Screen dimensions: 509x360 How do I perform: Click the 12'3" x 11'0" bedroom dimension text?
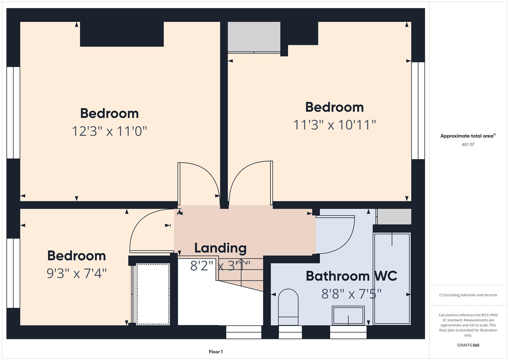coord(110,131)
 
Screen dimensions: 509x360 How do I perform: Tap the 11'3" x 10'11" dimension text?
coord(334,125)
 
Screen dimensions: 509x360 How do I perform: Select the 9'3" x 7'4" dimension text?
coord(77,273)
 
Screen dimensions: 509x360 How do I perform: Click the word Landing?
coord(220,248)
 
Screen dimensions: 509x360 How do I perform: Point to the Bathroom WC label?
coord(352,276)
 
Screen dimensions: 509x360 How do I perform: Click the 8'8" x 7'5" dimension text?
coord(352,294)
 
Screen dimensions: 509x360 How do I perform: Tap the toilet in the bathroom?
coord(288,307)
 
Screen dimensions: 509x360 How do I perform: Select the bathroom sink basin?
coord(348,315)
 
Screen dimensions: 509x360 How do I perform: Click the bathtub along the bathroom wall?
coord(392,278)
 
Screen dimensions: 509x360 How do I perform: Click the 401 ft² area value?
coord(468,144)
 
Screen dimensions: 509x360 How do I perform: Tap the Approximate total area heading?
coord(468,136)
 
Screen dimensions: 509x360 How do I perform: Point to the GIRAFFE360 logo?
coord(468,345)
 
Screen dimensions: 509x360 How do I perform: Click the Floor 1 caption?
coord(216,352)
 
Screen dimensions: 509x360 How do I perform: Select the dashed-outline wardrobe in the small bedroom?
coord(153,294)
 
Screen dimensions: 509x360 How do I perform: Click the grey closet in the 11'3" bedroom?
coord(254,37)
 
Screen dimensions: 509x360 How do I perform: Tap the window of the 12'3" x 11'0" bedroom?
coord(13,113)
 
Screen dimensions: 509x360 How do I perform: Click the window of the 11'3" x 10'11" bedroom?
coord(418,110)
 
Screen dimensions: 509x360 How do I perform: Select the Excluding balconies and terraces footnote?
coord(468,295)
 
